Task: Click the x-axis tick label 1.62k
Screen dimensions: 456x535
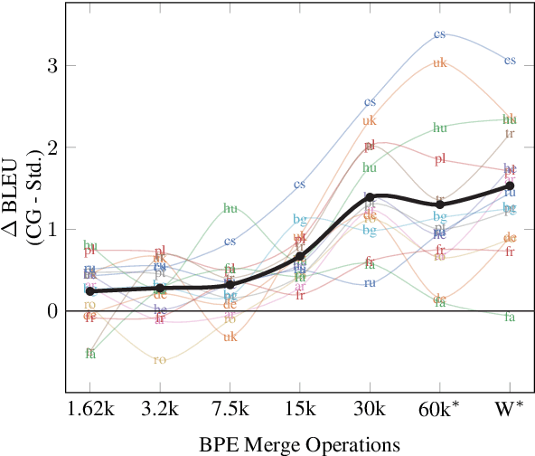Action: coord(89,408)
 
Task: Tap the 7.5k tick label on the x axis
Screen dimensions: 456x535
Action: coord(230,408)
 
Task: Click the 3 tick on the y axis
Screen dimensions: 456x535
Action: coord(52,66)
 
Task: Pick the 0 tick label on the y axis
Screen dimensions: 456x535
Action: coord(52,311)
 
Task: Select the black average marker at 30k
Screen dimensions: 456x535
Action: coord(370,196)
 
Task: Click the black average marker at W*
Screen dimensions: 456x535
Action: coord(510,185)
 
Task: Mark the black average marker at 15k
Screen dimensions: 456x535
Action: coord(300,256)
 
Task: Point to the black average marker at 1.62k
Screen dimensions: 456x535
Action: coord(89,290)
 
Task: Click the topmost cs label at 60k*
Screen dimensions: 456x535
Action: coord(440,34)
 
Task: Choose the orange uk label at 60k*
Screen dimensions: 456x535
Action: coord(440,63)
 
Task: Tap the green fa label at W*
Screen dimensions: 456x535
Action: coord(510,317)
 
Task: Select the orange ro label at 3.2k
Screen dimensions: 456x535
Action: coord(160,359)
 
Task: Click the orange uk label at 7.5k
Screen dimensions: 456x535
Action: coord(230,337)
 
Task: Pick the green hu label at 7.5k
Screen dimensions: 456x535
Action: coord(230,209)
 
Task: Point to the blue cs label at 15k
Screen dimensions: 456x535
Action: coord(300,185)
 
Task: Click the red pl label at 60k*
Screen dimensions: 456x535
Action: coord(440,159)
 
